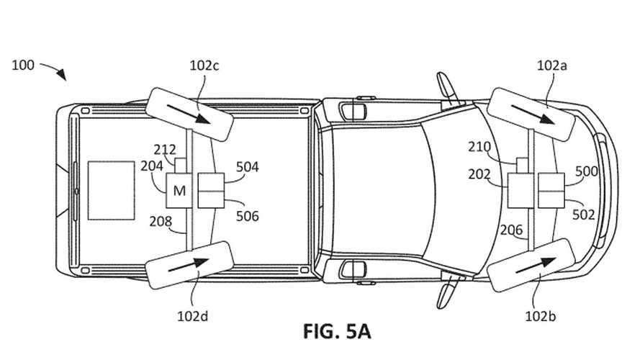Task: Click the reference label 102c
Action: (204, 66)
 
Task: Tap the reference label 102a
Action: (552, 66)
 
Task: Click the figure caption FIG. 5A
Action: (336, 332)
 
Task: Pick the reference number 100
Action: (23, 65)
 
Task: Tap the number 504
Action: (248, 167)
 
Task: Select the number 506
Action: (248, 216)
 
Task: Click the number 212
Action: (165, 150)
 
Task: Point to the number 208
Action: (161, 220)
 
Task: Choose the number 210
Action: (479, 147)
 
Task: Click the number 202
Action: (479, 174)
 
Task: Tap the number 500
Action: (587, 171)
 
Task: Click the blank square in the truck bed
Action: (111, 190)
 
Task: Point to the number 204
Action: (151, 166)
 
